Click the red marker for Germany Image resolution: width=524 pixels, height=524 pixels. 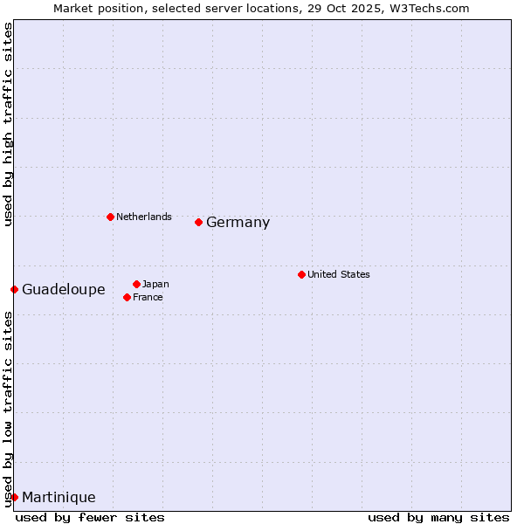click(199, 222)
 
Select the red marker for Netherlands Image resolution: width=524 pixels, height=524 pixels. click(110, 217)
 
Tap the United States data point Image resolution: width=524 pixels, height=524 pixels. click(301, 274)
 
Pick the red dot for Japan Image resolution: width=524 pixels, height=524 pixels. click(137, 284)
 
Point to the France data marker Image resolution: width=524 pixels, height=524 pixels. click(128, 297)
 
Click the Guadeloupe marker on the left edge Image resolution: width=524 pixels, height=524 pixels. click(15, 289)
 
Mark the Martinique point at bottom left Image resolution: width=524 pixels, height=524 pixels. click(15, 497)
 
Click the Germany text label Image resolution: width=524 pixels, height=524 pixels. click(238, 223)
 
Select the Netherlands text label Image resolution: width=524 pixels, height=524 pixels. click(144, 217)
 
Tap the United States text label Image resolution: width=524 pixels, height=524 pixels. click(338, 274)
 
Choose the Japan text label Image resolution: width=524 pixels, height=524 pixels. click(155, 284)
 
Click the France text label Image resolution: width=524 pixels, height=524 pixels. click(148, 297)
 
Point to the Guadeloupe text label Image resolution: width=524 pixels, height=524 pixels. click(63, 290)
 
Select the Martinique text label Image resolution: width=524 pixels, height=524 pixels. click(59, 498)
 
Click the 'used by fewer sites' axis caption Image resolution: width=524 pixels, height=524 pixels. click(90, 517)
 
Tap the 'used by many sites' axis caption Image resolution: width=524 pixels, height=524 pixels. click(438, 517)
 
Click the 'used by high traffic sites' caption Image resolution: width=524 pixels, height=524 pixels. click(9, 125)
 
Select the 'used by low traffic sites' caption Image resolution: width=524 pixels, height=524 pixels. click(9, 409)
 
